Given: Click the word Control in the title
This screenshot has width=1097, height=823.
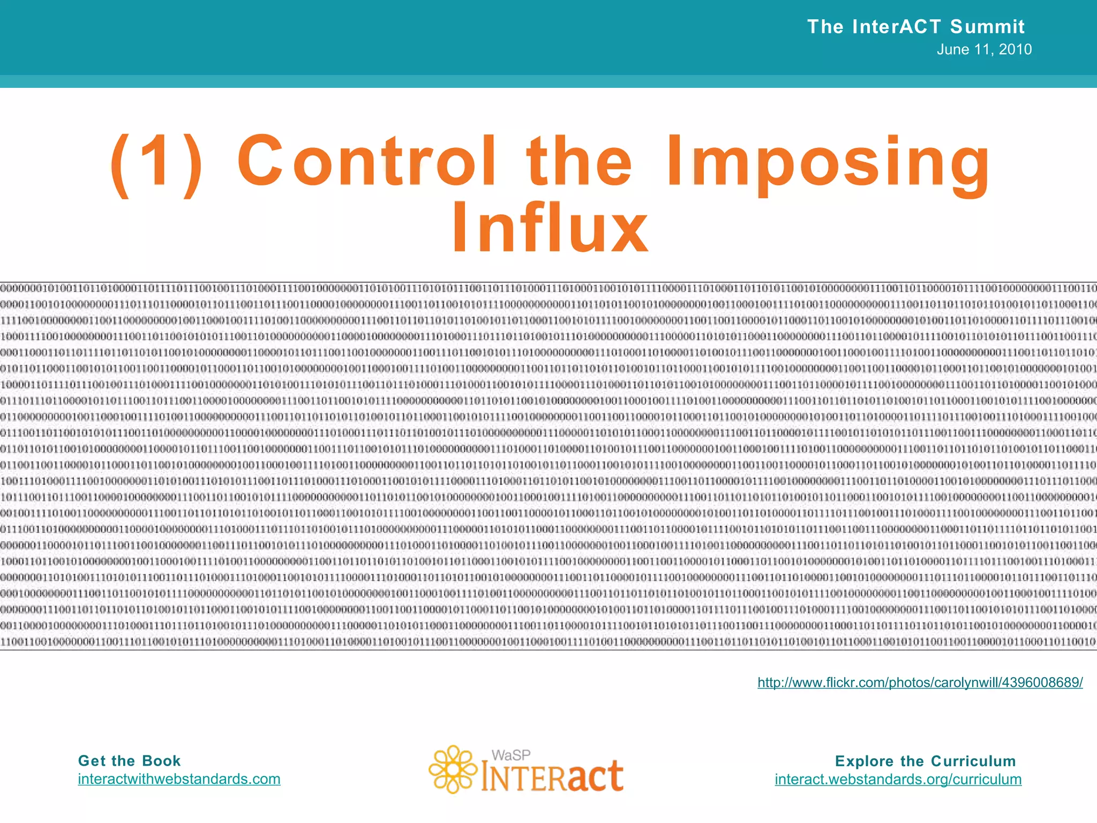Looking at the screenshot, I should pyautogui.click(x=366, y=161).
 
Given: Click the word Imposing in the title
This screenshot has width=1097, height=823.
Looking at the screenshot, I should pyautogui.click(x=828, y=163).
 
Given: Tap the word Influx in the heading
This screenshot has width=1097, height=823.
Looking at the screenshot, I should pyautogui.click(x=550, y=228).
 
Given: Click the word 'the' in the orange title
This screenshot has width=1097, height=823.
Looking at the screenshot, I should pyautogui.click(x=579, y=161).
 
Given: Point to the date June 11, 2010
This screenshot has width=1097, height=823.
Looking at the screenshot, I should pyautogui.click(x=984, y=49).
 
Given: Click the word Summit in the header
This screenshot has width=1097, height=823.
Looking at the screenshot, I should pyautogui.click(x=987, y=26).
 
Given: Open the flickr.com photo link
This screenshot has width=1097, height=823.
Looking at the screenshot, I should pyautogui.click(x=920, y=682).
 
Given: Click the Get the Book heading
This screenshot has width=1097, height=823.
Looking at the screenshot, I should pyautogui.click(x=129, y=761).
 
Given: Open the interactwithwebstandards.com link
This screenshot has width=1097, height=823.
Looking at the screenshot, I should pyautogui.click(x=179, y=779).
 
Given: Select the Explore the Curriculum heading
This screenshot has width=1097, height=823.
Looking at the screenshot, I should pyautogui.click(x=925, y=761).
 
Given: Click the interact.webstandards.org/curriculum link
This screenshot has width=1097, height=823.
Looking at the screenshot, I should pyautogui.click(x=898, y=779).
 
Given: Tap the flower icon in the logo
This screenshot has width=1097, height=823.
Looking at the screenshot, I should pyautogui.click(x=453, y=769).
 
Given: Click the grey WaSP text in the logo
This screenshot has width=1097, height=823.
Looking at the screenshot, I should pyautogui.click(x=511, y=755).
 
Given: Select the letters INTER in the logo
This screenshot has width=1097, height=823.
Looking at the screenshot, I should pyautogui.click(x=522, y=778).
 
